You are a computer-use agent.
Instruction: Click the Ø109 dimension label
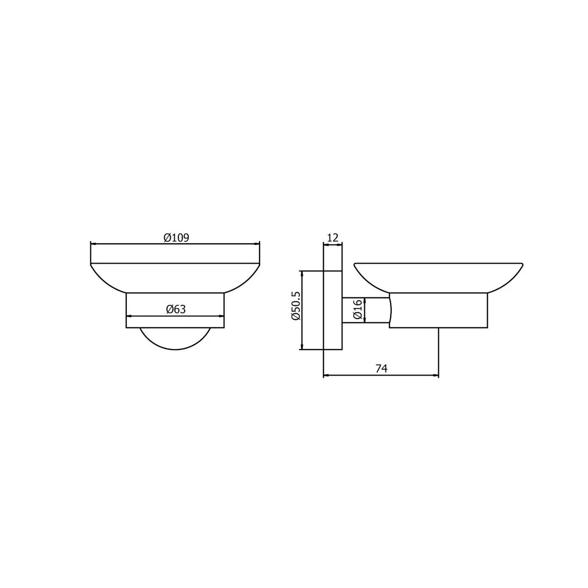176,238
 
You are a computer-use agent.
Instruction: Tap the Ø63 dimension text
176,309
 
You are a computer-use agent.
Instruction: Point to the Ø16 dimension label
358,310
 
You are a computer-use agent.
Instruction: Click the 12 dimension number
333,237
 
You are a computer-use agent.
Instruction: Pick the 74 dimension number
381,368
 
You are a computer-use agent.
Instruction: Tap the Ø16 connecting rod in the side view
366,310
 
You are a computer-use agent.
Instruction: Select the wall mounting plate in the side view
333,310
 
